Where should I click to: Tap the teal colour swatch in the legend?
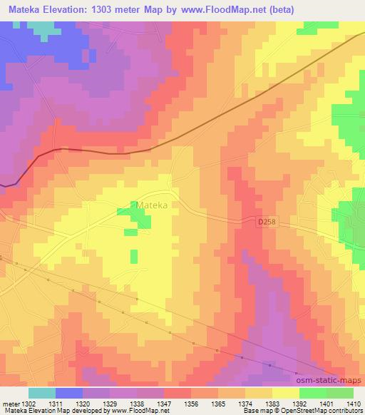point(42,392)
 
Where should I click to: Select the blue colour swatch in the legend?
point(69,392)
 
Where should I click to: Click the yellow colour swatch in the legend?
point(285,392)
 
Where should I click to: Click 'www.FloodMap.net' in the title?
point(223,9)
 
